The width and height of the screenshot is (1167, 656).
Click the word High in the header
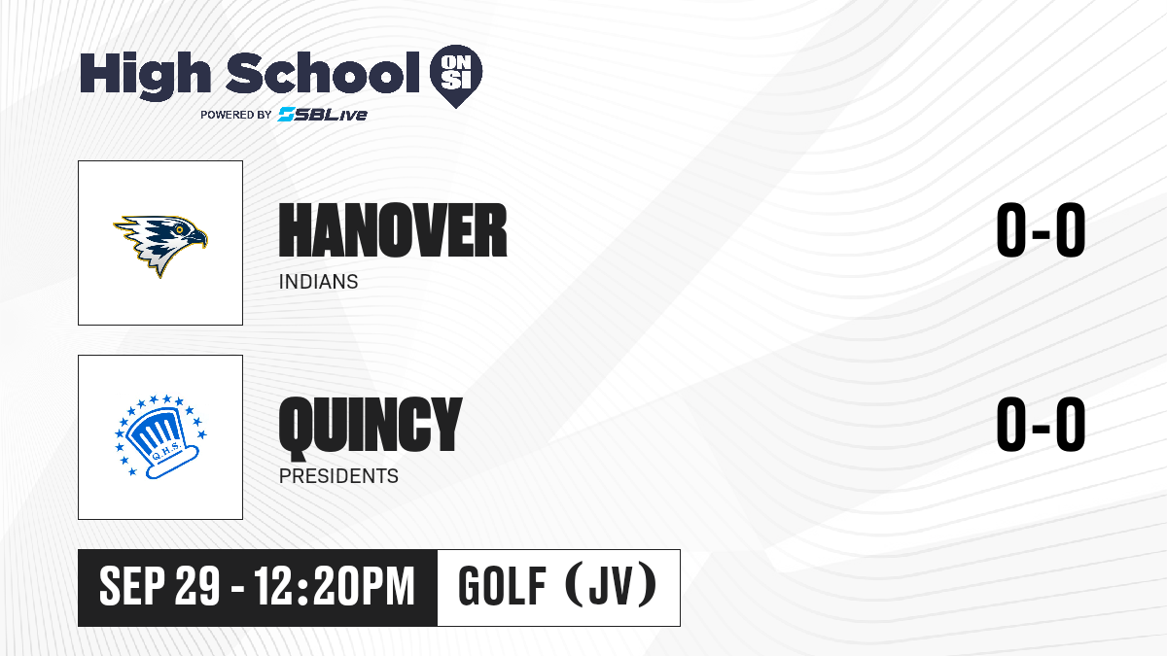145,75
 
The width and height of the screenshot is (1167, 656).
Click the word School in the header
323,73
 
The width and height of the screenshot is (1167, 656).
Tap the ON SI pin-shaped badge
456,76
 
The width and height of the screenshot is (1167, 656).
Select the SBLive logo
322,115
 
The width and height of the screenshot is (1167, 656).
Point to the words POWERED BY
235,115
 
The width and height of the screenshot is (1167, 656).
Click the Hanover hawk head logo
160,246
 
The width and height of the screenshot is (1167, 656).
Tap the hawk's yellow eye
180,229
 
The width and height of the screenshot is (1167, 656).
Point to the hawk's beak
198,238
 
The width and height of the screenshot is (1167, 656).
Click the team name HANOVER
393,230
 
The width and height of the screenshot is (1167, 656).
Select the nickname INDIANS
318,282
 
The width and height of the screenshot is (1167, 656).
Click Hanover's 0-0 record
1041,230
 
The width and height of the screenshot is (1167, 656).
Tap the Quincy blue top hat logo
160,436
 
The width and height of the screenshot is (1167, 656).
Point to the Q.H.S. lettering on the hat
165,451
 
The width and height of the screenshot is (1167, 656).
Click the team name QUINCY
371,427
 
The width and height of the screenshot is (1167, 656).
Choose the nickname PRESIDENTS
338,476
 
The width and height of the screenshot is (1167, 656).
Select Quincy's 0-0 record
1041,425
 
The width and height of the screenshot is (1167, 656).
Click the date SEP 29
159,586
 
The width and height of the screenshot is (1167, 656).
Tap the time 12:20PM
334,586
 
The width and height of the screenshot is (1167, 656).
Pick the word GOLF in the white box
502,586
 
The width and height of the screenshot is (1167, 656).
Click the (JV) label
611,586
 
